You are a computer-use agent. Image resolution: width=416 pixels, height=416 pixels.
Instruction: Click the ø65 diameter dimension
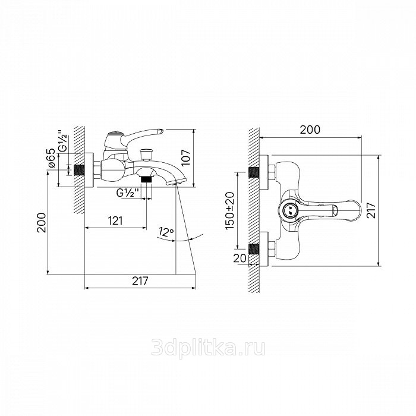point(52,157)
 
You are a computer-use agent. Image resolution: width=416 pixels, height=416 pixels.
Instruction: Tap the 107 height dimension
point(185,157)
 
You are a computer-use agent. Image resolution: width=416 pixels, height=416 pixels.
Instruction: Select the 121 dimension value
point(115,220)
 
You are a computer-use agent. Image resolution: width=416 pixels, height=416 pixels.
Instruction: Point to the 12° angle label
point(166,232)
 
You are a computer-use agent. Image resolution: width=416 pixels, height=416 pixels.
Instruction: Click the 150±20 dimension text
point(230,211)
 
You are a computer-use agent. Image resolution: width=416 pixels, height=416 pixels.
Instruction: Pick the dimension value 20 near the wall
point(239,258)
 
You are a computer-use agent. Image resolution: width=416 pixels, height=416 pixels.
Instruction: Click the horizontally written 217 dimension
point(140,281)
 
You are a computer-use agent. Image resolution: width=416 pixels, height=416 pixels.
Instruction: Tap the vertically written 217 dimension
point(371,210)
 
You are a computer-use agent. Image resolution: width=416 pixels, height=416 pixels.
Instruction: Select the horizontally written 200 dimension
point(310,130)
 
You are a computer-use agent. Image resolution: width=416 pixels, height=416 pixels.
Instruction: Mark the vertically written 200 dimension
point(42,222)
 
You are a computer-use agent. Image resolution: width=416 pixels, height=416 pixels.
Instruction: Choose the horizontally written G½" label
point(128,193)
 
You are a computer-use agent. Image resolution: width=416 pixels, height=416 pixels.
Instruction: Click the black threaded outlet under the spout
point(146,179)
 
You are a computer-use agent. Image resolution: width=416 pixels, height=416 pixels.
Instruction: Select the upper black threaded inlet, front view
point(254,173)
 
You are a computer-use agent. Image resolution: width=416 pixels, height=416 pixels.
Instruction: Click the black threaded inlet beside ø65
point(79,171)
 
